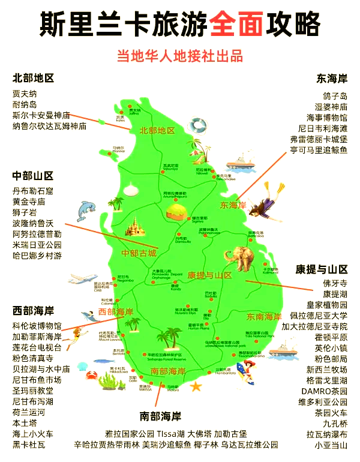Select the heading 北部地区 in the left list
pyautogui.click(x=33, y=79)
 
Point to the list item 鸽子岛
pyautogui.click(x=335, y=95)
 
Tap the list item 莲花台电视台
pyautogui.click(x=37, y=347)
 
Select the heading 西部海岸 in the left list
pyautogui.click(x=33, y=310)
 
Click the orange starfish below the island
pyautogui.click(x=196, y=388)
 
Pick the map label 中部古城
pyautogui.click(x=139, y=253)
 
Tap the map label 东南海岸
pyautogui.click(x=264, y=316)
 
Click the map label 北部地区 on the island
pyautogui.click(x=157, y=130)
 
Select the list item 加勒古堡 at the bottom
pyautogui.click(x=230, y=433)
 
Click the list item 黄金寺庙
pyautogui.click(x=29, y=202)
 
